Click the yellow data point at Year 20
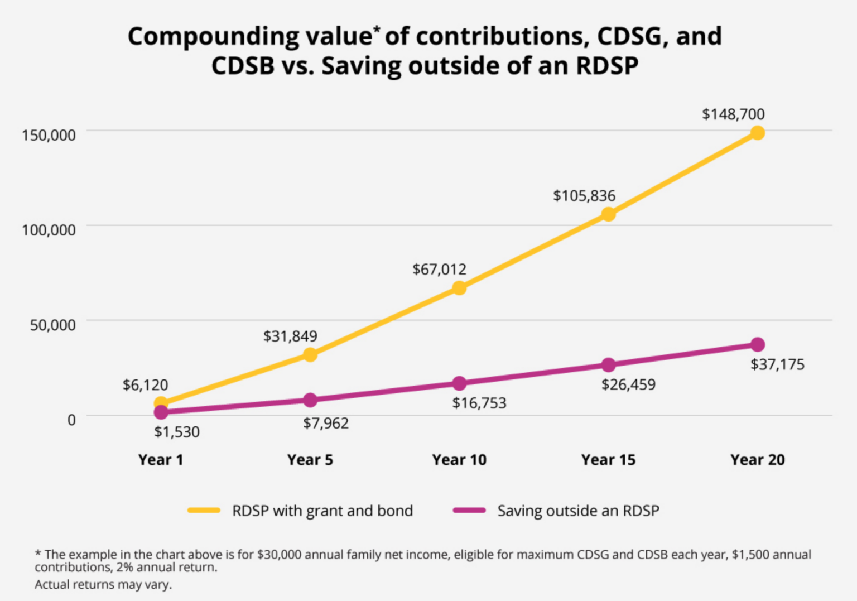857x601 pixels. point(757,133)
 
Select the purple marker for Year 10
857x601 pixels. point(459,383)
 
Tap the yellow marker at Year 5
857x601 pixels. point(310,355)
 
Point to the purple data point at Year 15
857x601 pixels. point(608,365)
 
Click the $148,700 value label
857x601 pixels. point(733,114)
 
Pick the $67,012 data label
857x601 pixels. point(439,270)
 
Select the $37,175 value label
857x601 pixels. point(777,365)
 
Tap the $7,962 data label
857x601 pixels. point(326,424)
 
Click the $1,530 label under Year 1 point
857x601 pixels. point(177,432)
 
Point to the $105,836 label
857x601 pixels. point(584,196)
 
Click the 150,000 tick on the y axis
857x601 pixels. point(49,135)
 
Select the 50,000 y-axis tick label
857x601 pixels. point(52,325)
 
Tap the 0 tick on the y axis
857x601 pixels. point(71,420)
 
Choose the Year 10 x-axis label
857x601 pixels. point(459,460)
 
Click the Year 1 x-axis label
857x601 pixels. point(161,460)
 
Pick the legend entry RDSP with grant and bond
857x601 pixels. point(322,511)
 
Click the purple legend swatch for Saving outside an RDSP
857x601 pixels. point(469,510)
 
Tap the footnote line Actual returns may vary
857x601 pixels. point(103,585)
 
